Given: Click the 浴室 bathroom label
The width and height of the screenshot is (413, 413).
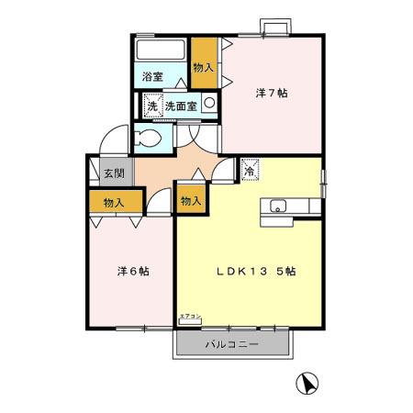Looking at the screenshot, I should tap(152, 78).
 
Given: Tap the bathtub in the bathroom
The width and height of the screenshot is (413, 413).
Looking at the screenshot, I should tap(162, 50).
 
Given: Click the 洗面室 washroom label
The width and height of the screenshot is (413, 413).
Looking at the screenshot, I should tap(180, 106).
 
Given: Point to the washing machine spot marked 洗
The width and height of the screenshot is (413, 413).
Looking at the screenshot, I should tap(151, 106).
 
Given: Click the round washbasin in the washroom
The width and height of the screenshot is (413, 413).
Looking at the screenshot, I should tap(209, 104).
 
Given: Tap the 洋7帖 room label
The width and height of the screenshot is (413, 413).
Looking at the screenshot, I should tap(271, 93).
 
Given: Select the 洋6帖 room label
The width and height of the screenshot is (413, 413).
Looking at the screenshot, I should tap(133, 273).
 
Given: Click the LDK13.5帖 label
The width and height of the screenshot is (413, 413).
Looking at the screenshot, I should tap(255, 272).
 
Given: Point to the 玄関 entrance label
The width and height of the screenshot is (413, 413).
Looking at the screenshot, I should tap(113, 173).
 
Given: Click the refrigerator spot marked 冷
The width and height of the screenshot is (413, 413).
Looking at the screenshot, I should tap(250, 170).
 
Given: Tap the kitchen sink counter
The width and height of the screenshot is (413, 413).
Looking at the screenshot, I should tap(280, 208).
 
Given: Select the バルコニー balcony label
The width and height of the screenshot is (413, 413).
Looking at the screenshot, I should tap(230, 345).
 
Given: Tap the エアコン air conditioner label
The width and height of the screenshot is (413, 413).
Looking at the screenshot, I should tap(190, 317).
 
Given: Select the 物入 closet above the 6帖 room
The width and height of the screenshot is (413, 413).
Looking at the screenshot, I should tap(115, 202).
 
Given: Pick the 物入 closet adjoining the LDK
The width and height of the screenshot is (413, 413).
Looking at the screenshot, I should tap(189, 201).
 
